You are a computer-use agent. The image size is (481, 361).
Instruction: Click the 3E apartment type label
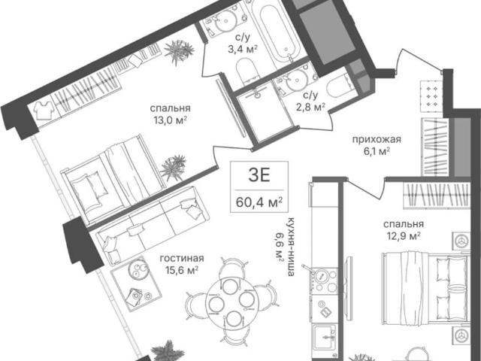[x=259, y=176]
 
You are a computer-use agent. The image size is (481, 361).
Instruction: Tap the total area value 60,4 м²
[x=259, y=202]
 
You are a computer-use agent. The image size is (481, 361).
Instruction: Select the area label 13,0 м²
[x=171, y=120]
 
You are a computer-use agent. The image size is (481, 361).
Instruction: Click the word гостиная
[x=182, y=259]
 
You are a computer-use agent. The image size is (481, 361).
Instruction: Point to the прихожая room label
[x=377, y=139]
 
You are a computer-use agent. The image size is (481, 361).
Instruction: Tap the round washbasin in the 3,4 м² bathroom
[x=226, y=20]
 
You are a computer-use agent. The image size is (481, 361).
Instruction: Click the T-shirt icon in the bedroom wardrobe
[x=44, y=110]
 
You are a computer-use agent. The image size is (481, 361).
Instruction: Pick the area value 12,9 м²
[x=403, y=236]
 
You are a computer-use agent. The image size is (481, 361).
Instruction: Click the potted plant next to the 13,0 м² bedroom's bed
[x=174, y=168]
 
